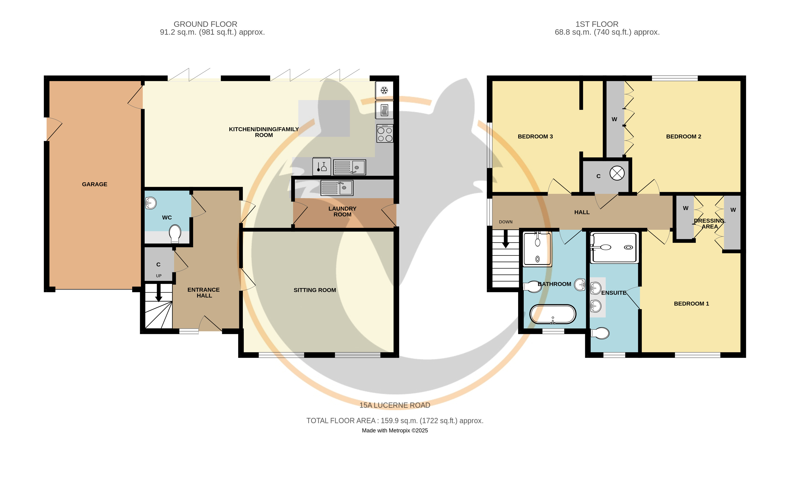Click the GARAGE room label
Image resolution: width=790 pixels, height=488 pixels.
pos(95,184)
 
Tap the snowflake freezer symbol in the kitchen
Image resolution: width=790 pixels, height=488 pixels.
pos(384,90)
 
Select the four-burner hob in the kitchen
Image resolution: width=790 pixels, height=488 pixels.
pos(385,134)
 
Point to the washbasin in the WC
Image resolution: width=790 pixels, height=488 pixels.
pos(150,203)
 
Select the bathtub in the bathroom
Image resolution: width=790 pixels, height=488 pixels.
pos(553,314)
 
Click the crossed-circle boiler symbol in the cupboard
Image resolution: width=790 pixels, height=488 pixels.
pos(617,173)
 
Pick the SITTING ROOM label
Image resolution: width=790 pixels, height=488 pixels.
pos(315,290)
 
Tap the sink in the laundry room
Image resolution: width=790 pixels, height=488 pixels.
pos(337,188)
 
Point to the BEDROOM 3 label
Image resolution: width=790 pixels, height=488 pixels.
pos(535,136)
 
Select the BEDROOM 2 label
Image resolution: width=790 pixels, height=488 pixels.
pos(683,136)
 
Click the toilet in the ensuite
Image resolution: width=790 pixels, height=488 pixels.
pos(600,333)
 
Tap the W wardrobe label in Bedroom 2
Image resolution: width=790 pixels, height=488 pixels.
pos(614,119)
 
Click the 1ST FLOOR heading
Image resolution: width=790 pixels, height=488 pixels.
pos(597,24)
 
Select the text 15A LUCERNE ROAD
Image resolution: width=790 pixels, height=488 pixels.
pos(395,405)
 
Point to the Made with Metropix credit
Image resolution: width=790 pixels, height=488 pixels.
pos(395,431)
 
